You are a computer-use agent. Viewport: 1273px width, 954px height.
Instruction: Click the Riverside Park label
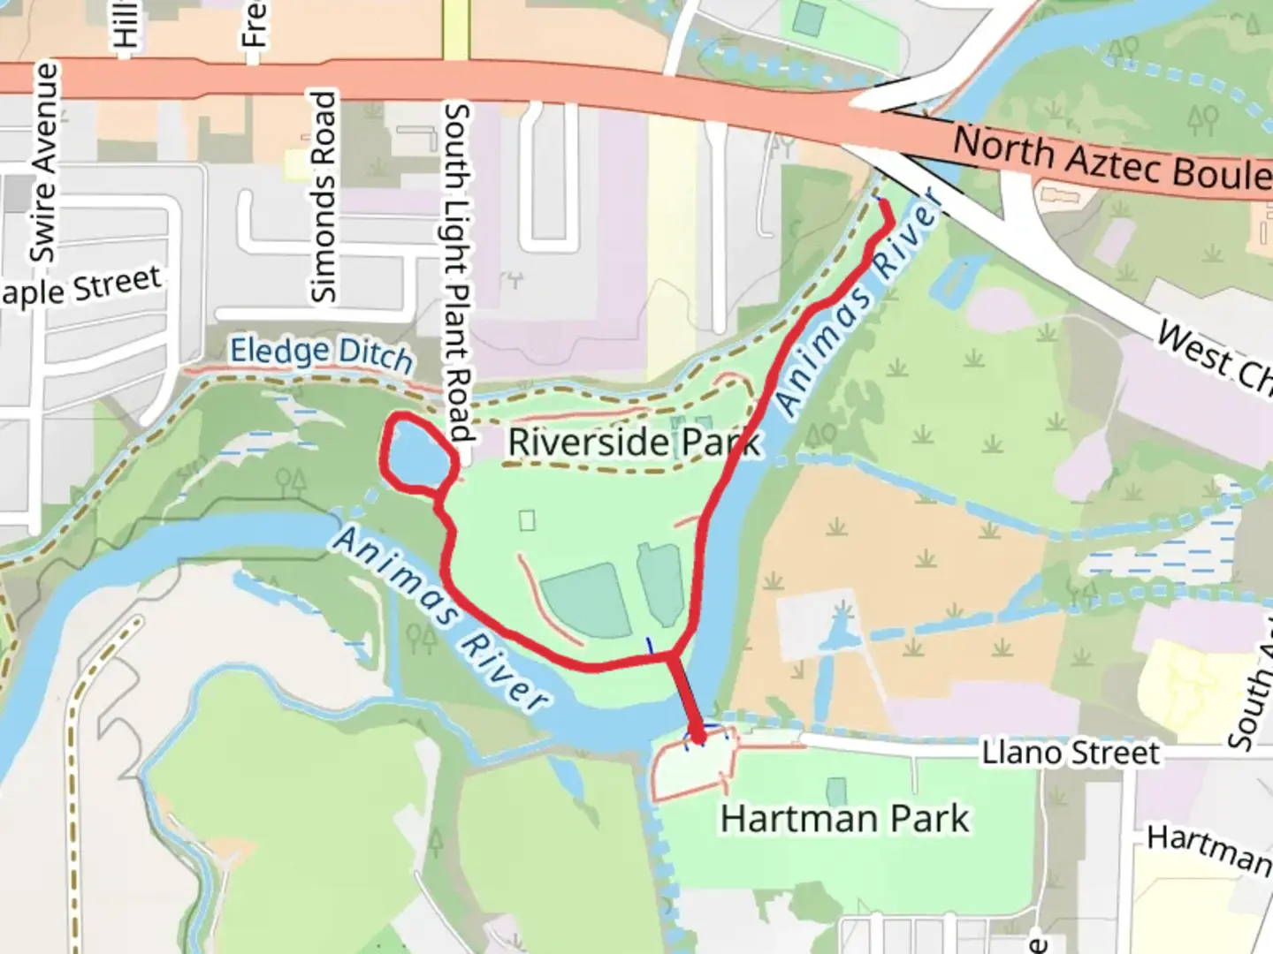[633, 441]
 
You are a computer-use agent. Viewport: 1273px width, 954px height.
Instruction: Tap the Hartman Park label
[844, 819]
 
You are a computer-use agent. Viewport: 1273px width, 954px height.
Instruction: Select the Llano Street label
[1070, 753]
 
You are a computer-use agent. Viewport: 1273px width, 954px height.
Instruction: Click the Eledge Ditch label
[321, 352]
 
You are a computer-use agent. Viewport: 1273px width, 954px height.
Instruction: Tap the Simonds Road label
[324, 196]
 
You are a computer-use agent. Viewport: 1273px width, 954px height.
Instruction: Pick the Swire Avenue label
[43, 163]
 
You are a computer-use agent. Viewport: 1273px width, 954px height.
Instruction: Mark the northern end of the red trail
[883, 204]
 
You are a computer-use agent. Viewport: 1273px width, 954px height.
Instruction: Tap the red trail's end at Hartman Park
[698, 737]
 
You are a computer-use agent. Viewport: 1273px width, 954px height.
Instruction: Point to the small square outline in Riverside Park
[527, 520]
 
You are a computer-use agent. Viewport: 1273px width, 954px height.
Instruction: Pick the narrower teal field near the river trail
[660, 583]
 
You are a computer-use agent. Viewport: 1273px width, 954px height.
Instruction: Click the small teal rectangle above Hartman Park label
[835, 791]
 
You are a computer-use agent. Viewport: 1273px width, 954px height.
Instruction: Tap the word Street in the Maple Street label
[118, 285]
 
